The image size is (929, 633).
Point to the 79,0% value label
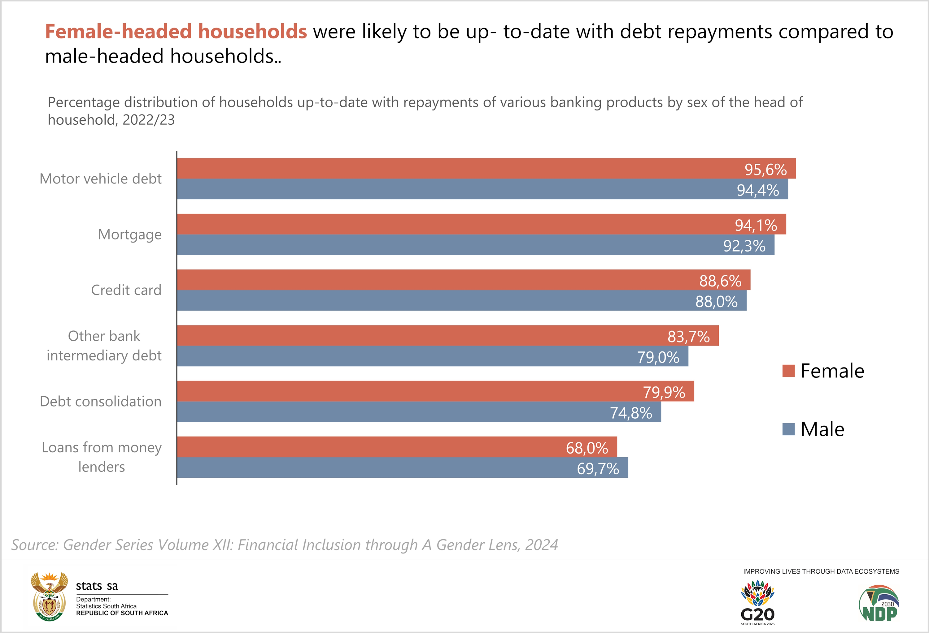click(x=658, y=357)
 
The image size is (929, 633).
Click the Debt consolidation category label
click(x=101, y=401)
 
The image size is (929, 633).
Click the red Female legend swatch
click(x=788, y=371)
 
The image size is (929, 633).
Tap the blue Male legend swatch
click(x=788, y=429)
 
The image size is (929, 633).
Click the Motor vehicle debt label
click(x=101, y=179)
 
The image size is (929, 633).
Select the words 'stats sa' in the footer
click(x=97, y=586)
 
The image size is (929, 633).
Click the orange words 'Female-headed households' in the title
click(x=176, y=32)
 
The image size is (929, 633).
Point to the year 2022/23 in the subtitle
click(x=149, y=120)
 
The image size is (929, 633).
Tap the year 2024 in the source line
click(x=542, y=545)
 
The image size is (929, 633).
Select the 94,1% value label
click(x=756, y=225)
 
